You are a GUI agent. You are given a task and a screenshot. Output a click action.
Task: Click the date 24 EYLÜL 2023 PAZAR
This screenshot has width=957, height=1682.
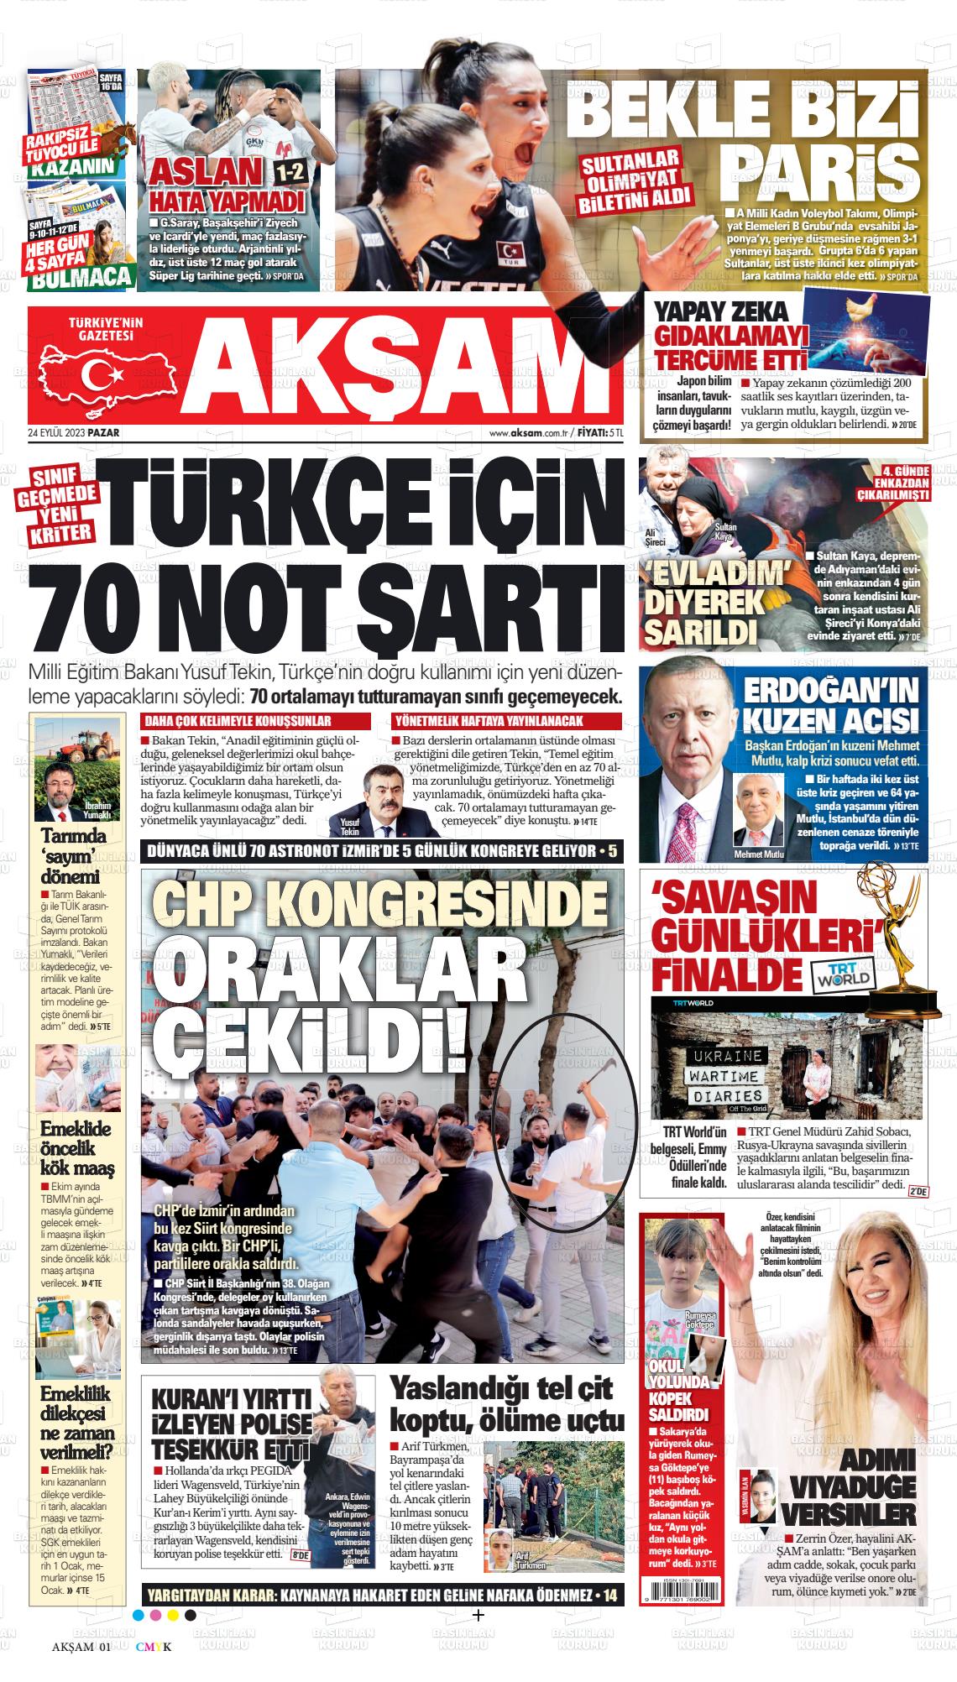point(75,433)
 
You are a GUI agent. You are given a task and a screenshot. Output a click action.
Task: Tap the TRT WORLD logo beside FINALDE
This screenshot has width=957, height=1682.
point(844,977)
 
